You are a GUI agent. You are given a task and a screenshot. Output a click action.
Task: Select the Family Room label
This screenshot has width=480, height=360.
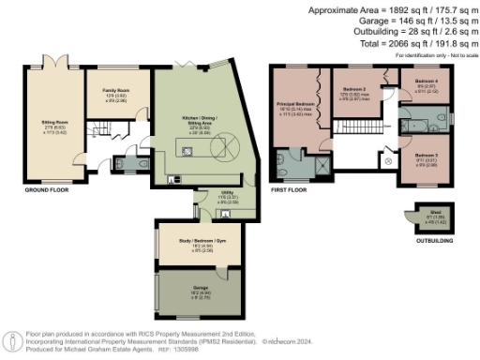115,92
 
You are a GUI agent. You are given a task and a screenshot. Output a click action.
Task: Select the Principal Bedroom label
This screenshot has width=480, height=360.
293,106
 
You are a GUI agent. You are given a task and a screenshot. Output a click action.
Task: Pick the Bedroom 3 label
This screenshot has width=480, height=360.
427,154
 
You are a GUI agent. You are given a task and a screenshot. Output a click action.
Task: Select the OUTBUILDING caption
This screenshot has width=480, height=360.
432,241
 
